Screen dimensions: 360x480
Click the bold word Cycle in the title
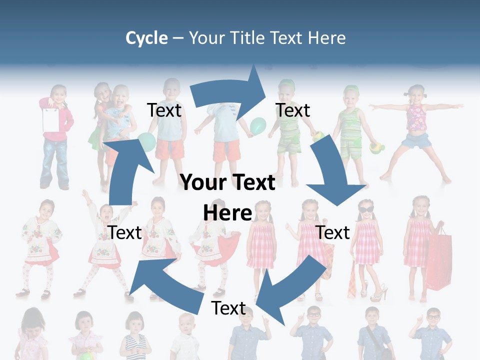146,38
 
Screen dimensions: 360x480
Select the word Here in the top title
327,38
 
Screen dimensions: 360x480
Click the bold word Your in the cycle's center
202,182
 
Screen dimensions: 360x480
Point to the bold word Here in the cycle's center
227,213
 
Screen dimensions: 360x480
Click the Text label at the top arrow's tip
292,110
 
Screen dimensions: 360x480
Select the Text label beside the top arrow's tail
164,110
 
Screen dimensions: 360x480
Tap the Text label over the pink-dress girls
332,232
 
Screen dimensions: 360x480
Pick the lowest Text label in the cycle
228,308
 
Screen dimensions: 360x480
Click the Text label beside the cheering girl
124,232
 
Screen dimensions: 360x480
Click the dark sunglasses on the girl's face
365,208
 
